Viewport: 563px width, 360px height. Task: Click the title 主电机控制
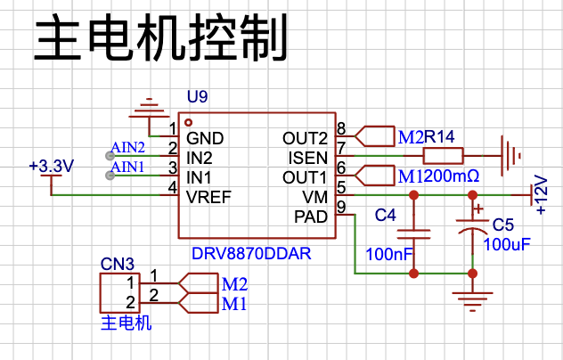click(x=160, y=37)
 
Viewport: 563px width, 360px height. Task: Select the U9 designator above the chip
click(x=197, y=96)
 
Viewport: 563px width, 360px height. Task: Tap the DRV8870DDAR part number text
click(x=251, y=254)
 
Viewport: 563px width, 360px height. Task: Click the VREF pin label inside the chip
click(x=208, y=197)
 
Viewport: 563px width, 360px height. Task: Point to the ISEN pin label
click(x=308, y=158)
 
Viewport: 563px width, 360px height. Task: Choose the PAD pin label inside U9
click(x=311, y=217)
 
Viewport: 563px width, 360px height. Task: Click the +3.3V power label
click(x=52, y=166)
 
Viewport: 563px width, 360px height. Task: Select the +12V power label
click(x=541, y=194)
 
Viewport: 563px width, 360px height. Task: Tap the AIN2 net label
click(x=127, y=147)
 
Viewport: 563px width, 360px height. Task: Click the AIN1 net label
click(x=127, y=167)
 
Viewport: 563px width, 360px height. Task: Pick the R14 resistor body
click(x=443, y=156)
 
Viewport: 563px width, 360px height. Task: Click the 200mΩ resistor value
click(x=452, y=176)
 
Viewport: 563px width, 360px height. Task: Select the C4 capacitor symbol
click(x=413, y=234)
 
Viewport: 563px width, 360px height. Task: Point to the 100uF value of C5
click(x=507, y=244)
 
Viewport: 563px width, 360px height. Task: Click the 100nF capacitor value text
click(x=389, y=254)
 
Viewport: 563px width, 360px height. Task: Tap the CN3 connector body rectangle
click(x=119, y=293)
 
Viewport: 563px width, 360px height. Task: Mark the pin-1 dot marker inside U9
click(x=188, y=122)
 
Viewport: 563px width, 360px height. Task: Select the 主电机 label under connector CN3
click(x=126, y=323)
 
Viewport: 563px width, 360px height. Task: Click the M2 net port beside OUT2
click(x=375, y=136)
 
